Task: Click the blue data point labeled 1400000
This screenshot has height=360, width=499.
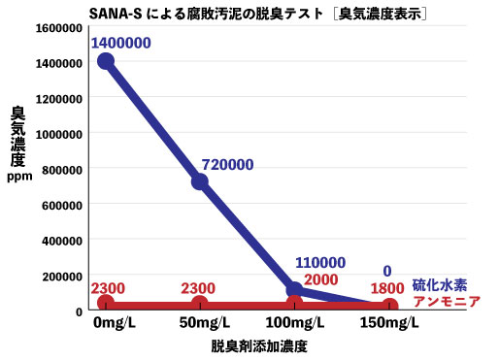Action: coord(106,61)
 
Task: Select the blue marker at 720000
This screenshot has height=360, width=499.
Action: coord(200,180)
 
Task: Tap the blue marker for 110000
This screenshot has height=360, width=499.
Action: coord(295,289)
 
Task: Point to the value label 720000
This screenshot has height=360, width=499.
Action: coord(228,165)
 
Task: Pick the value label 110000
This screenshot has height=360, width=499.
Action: coord(319,262)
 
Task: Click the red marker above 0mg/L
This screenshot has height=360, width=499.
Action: coord(106,305)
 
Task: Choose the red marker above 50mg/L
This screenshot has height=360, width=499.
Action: coord(200,305)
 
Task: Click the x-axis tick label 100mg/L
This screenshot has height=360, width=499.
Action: coord(295,323)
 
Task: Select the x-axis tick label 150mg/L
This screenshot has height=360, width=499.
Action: coord(388,323)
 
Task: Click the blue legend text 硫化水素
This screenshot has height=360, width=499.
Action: coord(439,285)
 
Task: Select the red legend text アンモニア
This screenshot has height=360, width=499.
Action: coord(447,302)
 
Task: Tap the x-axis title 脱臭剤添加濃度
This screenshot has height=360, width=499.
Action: coord(250,345)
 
